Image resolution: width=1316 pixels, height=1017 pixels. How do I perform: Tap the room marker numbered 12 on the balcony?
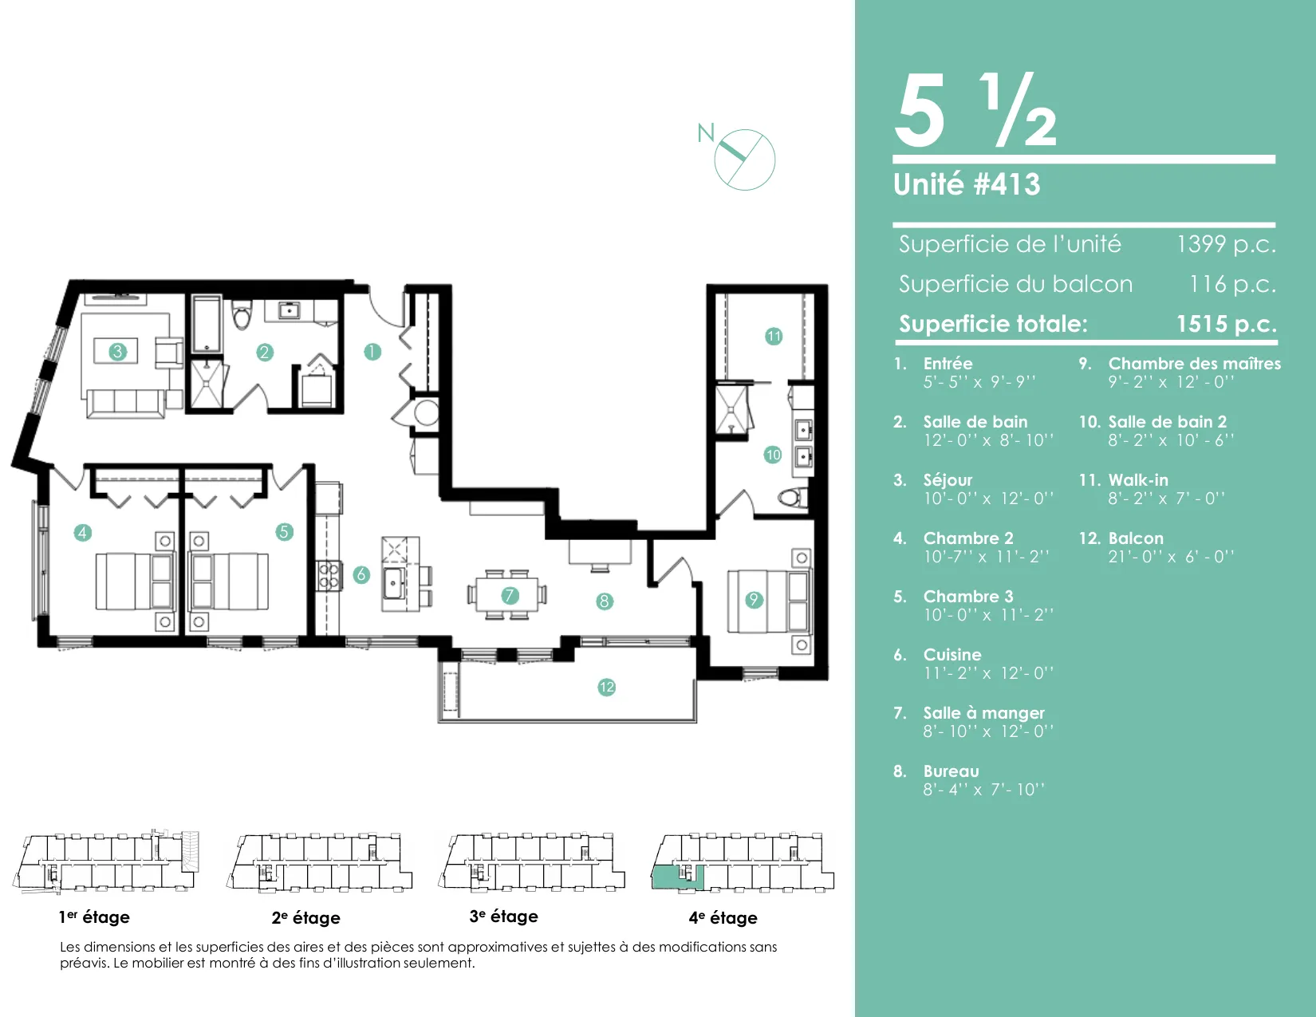(606, 687)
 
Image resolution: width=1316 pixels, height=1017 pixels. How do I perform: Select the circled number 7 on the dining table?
(510, 595)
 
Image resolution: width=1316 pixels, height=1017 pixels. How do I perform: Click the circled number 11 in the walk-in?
(774, 336)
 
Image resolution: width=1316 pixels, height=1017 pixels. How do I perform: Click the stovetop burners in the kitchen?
(329, 575)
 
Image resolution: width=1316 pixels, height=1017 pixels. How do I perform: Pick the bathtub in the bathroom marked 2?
(207, 324)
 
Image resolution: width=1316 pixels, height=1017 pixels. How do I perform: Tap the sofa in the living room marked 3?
(125, 403)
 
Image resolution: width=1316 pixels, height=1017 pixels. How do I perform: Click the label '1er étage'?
(94, 916)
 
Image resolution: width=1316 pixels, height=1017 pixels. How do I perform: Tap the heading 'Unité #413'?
(967, 184)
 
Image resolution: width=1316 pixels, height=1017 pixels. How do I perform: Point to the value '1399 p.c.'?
(1226, 244)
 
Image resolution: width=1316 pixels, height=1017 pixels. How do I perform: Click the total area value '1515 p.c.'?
(1227, 324)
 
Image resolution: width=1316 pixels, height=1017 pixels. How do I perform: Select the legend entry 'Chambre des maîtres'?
(1194, 364)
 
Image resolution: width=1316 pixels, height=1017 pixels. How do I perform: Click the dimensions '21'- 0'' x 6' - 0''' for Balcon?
(1171, 557)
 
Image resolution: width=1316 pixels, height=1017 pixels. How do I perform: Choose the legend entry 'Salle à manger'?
(983, 713)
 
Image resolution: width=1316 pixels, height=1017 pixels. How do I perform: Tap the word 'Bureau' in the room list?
(951, 771)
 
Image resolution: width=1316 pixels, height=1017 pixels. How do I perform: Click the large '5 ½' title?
(975, 110)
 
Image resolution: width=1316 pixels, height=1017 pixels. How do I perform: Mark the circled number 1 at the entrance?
(372, 351)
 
